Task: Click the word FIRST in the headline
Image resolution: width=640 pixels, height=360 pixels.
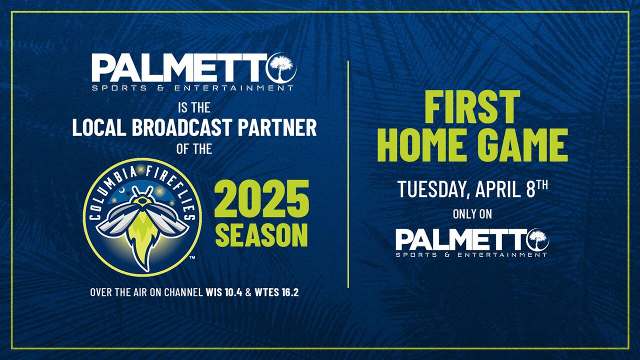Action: tap(465, 106)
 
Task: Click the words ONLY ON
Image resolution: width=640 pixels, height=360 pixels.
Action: tap(472, 214)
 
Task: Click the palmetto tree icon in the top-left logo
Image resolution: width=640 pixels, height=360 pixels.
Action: tap(282, 68)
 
